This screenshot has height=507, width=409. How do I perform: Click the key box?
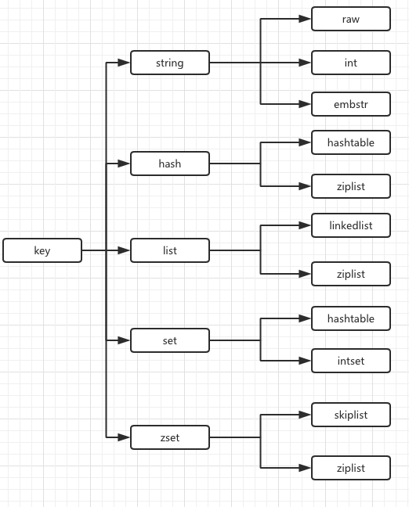click(42, 250)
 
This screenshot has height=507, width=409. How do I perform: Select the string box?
click(170, 63)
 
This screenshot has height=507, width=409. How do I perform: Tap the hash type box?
click(170, 164)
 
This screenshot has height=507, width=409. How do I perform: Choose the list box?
click(170, 250)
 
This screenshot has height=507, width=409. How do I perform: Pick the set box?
click(170, 340)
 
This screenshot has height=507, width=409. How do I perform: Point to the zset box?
click(170, 437)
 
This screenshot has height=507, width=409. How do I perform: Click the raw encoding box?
click(350, 19)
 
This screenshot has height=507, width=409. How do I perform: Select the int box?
click(350, 63)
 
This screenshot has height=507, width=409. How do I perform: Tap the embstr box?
click(350, 104)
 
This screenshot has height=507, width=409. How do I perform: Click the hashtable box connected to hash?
click(350, 142)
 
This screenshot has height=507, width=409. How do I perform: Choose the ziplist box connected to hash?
click(350, 186)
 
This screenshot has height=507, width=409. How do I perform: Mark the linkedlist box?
click(350, 226)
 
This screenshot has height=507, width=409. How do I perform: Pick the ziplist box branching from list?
click(350, 274)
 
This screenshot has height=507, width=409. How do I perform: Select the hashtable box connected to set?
click(350, 318)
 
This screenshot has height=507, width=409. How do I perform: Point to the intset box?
click(350, 361)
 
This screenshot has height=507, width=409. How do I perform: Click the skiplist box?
click(350, 415)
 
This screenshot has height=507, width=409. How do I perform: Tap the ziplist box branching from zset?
click(350, 468)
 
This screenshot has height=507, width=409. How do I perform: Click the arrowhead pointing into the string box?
click(125, 63)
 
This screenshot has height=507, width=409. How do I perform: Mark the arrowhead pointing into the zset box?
click(125, 437)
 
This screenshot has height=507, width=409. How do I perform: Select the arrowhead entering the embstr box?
click(306, 104)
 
